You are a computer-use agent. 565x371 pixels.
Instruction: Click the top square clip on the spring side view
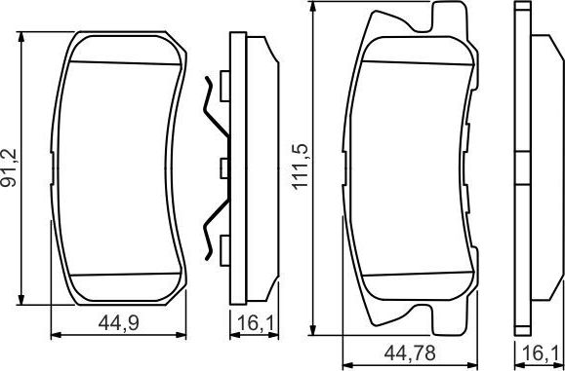pos(223,81)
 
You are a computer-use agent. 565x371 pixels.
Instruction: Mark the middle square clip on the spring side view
pos(223,168)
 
